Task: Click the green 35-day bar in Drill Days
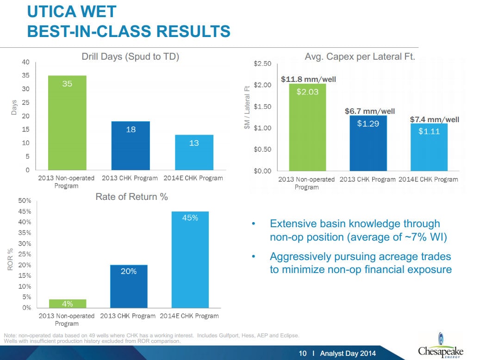(x=67, y=123)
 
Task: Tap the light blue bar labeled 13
(x=194, y=152)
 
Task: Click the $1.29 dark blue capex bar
(x=368, y=143)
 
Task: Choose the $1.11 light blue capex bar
(x=429, y=147)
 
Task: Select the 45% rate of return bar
(x=190, y=259)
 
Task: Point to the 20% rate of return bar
(x=128, y=286)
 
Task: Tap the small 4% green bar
(x=67, y=304)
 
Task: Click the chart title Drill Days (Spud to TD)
(x=130, y=56)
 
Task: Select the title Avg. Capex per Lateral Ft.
(x=360, y=57)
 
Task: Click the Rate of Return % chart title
(x=131, y=197)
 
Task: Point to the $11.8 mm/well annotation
(x=308, y=80)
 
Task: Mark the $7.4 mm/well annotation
(x=434, y=119)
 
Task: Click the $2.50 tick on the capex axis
(x=263, y=64)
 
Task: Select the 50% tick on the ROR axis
(x=25, y=201)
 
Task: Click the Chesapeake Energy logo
(x=440, y=347)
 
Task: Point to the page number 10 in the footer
(x=303, y=354)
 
